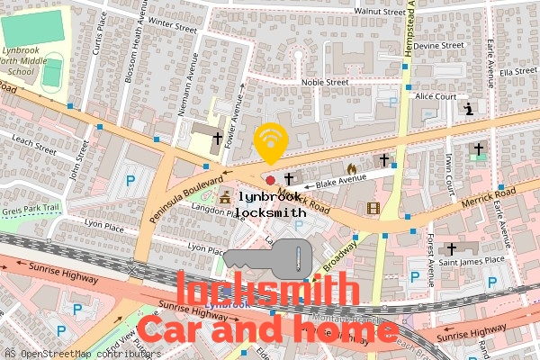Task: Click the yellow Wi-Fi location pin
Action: (270, 142)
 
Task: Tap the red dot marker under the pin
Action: (270, 181)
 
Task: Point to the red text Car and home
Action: (267, 330)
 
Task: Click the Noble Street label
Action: (324, 82)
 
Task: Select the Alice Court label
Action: (436, 96)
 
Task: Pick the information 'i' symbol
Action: (468, 110)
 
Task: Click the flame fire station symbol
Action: (352, 168)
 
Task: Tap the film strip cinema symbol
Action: (373, 209)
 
